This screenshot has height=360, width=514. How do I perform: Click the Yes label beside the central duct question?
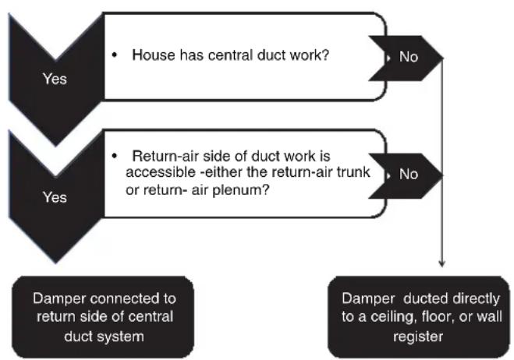[55, 79]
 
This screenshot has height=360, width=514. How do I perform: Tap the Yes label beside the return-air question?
[55, 197]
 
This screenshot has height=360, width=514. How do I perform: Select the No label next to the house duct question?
[409, 57]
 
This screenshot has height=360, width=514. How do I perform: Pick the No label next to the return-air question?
[409, 174]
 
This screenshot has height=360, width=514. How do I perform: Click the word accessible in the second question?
[161, 172]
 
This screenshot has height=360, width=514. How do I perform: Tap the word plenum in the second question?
[240, 190]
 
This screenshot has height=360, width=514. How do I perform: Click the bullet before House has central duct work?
[114, 55]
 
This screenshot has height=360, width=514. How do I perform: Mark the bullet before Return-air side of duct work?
[114, 156]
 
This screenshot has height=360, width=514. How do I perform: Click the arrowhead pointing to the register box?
[442, 264]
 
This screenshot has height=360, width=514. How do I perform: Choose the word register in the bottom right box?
[418, 337]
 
